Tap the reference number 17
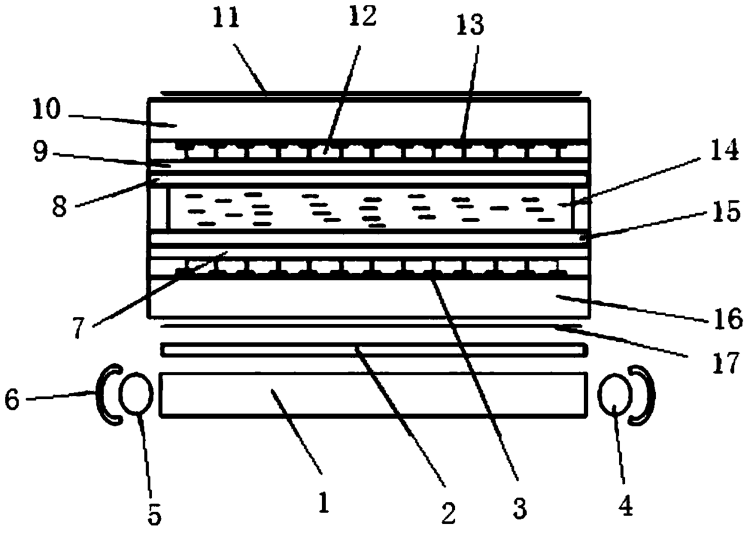coord(723,362)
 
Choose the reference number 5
coord(155,515)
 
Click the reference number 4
coord(625,504)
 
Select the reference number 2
coord(448,513)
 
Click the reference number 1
coord(323,503)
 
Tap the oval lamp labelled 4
coord(614,395)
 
